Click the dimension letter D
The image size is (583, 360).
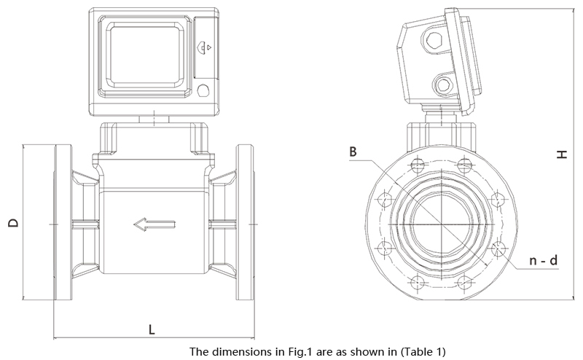coord(13,222)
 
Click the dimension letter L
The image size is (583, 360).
coord(152,329)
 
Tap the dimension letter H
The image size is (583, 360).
coord(562,154)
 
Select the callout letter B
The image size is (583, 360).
coord(353,152)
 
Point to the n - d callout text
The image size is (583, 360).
coord(543,260)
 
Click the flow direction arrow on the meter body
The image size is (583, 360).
coord(154,224)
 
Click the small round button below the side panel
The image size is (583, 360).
coord(203,90)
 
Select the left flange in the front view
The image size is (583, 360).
coord(63,222)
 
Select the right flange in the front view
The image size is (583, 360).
coord(245,222)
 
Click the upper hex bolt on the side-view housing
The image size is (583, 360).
coord(434,40)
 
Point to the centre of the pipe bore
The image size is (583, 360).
coord(441,224)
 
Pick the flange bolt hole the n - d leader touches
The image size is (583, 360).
coord(498,249)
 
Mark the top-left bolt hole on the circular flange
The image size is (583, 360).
coord(418,165)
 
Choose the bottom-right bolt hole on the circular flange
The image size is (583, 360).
coord(464,283)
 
